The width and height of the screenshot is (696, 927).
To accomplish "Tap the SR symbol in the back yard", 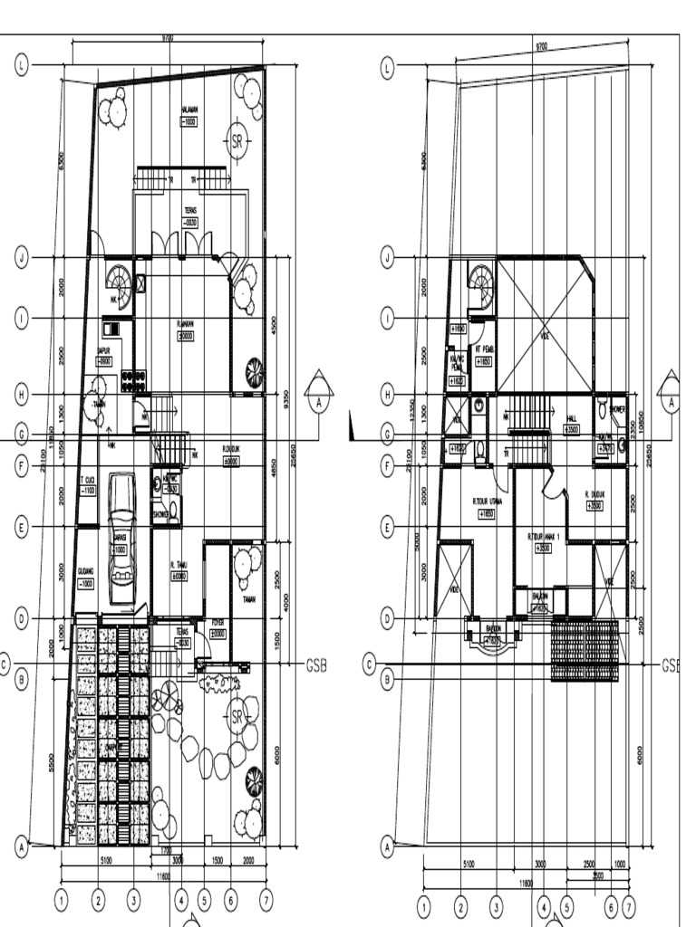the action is [237, 140].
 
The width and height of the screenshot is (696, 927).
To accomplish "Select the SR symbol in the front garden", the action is [237, 717].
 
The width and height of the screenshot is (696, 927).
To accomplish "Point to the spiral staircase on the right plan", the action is [481, 287].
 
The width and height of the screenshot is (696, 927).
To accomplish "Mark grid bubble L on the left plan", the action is [22, 65].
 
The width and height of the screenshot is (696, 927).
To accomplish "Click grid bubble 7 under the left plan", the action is [266, 901].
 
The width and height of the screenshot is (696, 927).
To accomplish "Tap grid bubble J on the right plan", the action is [387, 257].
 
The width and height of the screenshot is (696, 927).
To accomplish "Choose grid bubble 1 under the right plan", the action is [423, 904].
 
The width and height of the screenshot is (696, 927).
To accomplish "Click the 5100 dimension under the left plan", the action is [106, 862].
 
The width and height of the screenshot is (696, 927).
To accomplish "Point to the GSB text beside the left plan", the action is [315, 664].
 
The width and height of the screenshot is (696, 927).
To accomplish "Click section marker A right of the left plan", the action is [318, 396].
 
